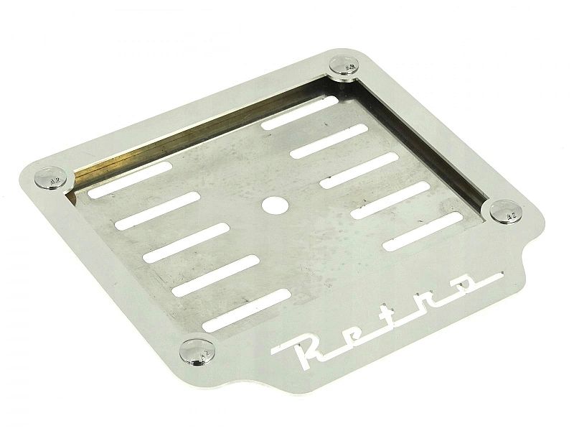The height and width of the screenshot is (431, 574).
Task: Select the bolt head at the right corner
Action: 506,212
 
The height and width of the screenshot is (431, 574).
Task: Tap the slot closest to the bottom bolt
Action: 247,310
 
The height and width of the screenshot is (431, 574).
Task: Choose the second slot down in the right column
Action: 329,141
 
